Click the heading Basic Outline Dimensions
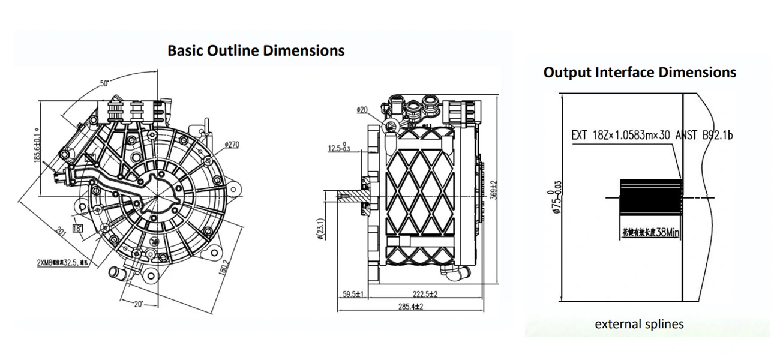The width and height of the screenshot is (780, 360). (256, 50)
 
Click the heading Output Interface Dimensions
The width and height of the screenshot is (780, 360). (640, 73)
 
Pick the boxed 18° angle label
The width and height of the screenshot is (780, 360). (78, 228)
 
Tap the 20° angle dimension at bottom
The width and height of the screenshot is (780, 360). (138, 304)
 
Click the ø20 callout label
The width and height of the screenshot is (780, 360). (362, 110)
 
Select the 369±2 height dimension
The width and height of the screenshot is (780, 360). (494, 190)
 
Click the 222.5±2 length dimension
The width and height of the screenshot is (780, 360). (425, 294)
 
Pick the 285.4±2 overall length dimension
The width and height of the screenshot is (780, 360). (412, 307)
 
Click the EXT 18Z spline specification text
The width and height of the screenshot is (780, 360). (652, 136)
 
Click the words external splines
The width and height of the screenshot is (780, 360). (639, 324)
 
